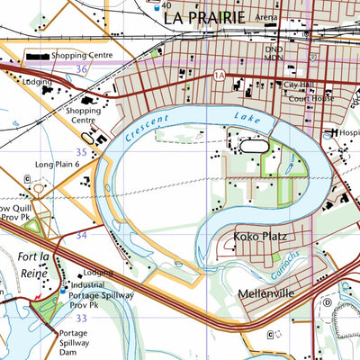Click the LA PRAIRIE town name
pos(212,15)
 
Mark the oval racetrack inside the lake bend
pos(250,144)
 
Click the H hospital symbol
pos(334,133)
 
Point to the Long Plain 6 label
pos(58,165)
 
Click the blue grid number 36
pos(82,68)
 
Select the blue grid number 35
pos(82,152)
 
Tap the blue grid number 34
pos(82,234)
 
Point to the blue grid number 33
pos(82,318)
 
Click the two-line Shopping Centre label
pos(84,114)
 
